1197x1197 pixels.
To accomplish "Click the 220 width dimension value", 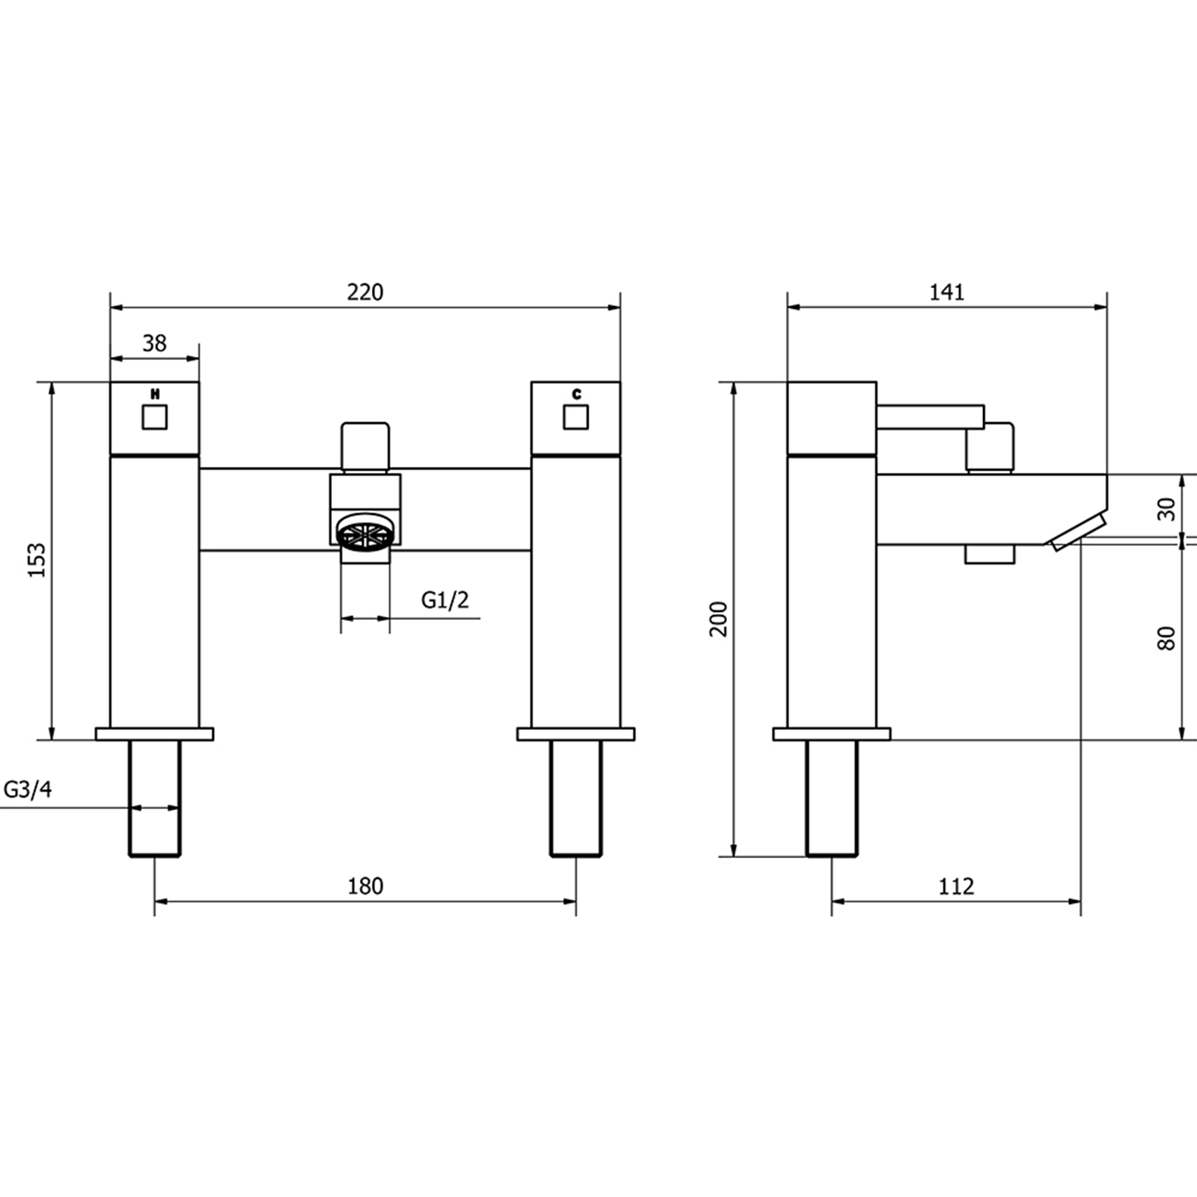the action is click(x=365, y=292).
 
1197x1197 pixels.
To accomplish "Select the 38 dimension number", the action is click(x=155, y=343).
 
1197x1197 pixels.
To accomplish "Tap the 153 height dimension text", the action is click(x=37, y=560).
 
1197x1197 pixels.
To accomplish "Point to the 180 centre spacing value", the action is click(x=365, y=886).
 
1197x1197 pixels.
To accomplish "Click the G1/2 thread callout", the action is click(x=445, y=599).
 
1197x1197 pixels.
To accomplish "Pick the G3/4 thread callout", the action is click(x=28, y=789).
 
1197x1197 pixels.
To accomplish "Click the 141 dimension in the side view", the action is click(x=947, y=292).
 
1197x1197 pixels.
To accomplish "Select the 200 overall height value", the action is click(x=719, y=619).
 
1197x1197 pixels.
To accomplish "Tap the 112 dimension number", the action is click(x=956, y=886).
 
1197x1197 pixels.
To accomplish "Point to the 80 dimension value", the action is click(x=1166, y=638).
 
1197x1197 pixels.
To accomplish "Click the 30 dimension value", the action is click(x=1166, y=509).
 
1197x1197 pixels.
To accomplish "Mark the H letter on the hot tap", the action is click(x=155, y=394).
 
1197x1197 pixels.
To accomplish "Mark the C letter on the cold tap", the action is click(x=576, y=394).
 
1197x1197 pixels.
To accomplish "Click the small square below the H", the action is click(x=155, y=417).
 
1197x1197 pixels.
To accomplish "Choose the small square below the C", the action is click(x=576, y=417).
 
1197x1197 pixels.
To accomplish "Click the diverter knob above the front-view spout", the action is click(x=366, y=447).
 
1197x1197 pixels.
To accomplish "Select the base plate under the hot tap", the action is click(x=155, y=734).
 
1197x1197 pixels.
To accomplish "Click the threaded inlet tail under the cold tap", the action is click(x=576, y=798).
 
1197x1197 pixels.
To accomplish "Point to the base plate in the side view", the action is click(x=832, y=734).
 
